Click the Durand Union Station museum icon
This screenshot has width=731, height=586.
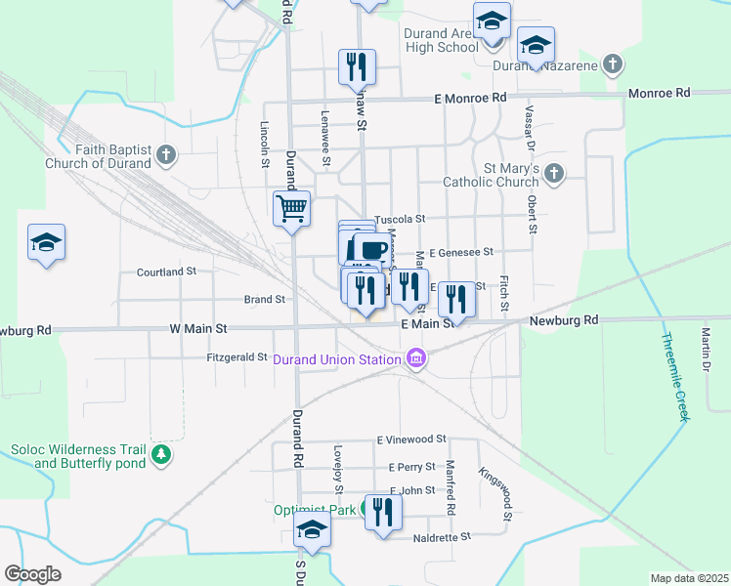[x=417, y=359]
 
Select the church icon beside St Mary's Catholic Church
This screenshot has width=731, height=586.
[x=553, y=174]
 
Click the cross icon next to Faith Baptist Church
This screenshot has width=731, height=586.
[x=166, y=154]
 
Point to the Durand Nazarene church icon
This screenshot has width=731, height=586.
[x=612, y=65]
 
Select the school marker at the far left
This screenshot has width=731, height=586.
[x=46, y=243]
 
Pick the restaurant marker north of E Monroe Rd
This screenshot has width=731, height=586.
[x=357, y=66]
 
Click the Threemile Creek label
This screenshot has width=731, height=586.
[x=674, y=377]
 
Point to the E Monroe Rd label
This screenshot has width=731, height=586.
[x=471, y=98]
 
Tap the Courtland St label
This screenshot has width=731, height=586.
[x=166, y=271]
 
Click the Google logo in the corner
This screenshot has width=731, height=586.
[x=32, y=574]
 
